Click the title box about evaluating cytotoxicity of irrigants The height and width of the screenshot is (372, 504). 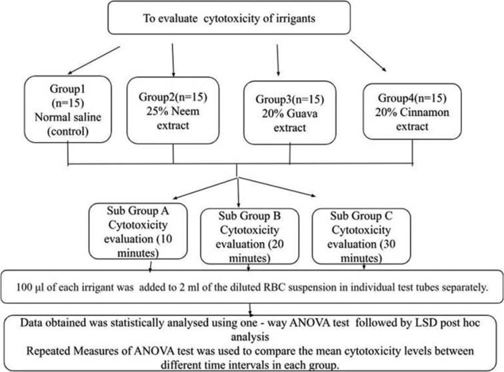(x=237, y=19)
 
